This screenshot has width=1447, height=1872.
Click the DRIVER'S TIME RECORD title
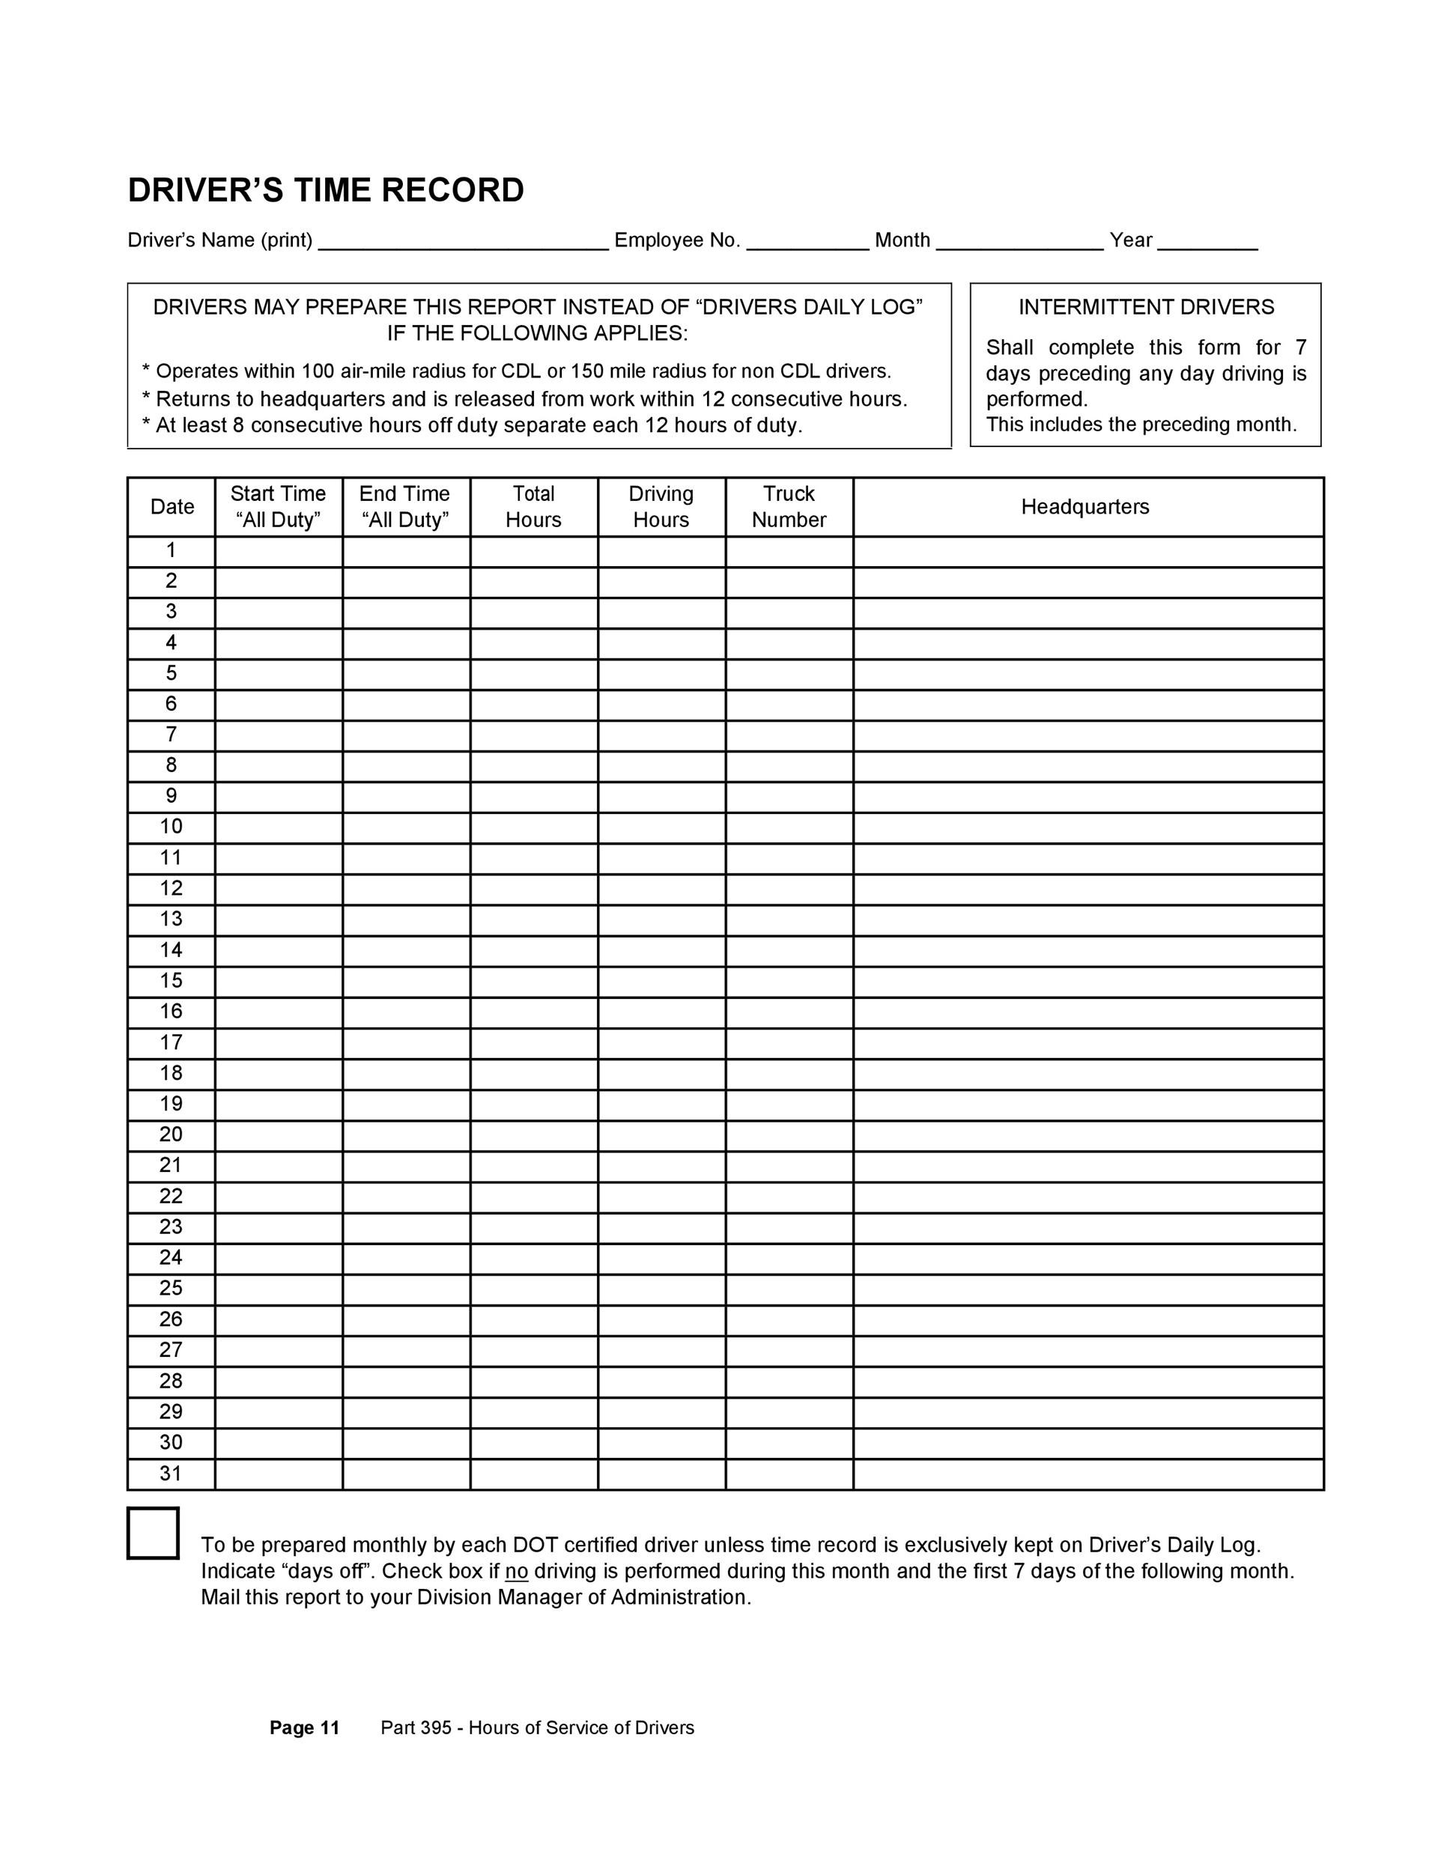click(326, 190)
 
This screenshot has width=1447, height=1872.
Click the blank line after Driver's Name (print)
click(463, 243)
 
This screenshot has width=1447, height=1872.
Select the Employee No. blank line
click(807, 243)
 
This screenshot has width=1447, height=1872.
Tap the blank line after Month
click(1020, 243)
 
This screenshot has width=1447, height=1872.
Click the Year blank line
click(1207, 243)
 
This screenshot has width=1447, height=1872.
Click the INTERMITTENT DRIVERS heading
click(1146, 307)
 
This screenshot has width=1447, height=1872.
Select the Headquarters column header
click(1085, 507)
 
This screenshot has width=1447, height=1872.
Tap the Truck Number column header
click(789, 507)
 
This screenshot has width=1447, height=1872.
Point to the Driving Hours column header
click(661, 507)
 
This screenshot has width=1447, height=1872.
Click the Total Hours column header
click(533, 507)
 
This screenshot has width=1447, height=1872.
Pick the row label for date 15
click(172, 981)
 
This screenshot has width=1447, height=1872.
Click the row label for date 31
click(172, 1474)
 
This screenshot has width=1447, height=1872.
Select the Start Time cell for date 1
click(279, 551)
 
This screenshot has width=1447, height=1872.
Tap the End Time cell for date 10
click(407, 828)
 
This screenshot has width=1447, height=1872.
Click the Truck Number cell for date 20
click(789, 1136)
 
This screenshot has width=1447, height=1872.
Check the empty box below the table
click(154, 1533)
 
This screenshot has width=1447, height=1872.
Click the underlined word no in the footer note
click(516, 1571)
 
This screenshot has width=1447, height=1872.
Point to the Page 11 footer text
click(304, 1727)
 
